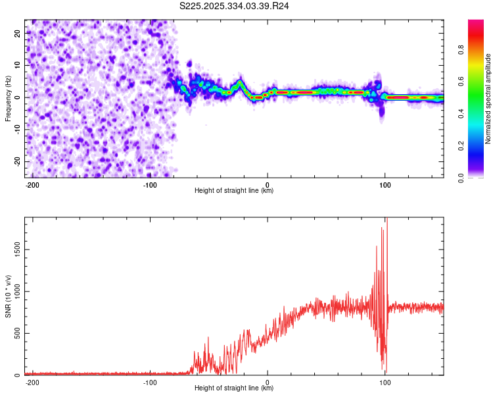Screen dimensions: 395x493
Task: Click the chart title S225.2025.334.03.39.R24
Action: click(235, 6)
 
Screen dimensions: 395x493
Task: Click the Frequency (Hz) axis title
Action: click(8, 98)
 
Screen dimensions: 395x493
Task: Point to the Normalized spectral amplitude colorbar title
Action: click(488, 99)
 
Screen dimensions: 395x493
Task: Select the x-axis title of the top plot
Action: click(234, 190)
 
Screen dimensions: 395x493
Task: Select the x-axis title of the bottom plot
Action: click(234, 388)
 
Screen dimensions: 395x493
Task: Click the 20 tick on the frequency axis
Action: click(18, 32)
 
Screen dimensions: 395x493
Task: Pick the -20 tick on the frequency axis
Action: click(17, 161)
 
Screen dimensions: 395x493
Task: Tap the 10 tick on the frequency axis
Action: click(18, 65)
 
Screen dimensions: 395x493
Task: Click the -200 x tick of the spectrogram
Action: click(32, 184)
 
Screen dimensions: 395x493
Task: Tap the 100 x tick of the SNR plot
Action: click(385, 382)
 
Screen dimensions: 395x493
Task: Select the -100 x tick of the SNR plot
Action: click(150, 382)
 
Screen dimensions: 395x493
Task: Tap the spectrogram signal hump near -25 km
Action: click(240, 83)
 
